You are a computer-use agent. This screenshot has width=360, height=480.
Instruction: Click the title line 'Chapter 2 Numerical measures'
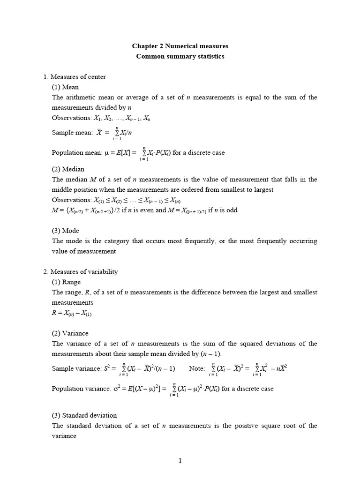(180, 46)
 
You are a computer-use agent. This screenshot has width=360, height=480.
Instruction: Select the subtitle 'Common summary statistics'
(180, 57)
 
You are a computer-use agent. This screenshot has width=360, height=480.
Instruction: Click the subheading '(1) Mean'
(65, 87)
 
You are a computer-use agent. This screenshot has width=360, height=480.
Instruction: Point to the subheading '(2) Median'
(68, 169)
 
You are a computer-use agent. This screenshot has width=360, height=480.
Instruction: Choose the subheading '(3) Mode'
(66, 231)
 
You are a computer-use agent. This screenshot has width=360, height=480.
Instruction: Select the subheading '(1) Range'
(67, 282)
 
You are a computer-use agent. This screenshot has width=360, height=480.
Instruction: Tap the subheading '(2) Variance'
(70, 333)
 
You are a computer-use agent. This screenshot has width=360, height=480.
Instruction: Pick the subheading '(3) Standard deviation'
(84, 415)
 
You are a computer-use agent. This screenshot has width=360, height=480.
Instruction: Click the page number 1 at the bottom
(180, 461)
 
